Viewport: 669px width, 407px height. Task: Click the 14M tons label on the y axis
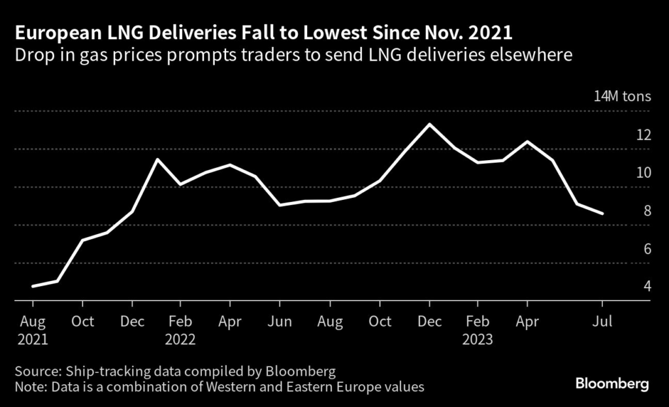tap(622, 97)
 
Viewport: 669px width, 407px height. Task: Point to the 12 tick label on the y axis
tap(644, 135)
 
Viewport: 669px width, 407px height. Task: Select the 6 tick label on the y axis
tap(647, 249)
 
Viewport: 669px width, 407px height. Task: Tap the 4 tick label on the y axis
tap(647, 286)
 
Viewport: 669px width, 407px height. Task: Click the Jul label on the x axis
tap(602, 321)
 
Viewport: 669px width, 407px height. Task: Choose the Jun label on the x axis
tap(280, 321)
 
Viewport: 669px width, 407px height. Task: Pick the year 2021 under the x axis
tap(33, 340)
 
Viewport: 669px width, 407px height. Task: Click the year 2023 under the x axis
tap(478, 340)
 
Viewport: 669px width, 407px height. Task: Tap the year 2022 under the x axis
tap(181, 340)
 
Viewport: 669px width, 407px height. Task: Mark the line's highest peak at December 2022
tap(429, 124)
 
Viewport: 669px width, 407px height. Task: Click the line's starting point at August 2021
tap(33, 286)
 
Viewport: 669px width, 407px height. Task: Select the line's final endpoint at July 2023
tap(602, 214)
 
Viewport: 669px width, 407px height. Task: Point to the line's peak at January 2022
tap(157, 159)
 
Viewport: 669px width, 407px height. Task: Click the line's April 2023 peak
tap(527, 141)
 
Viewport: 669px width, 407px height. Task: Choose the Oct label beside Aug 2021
tap(82, 321)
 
